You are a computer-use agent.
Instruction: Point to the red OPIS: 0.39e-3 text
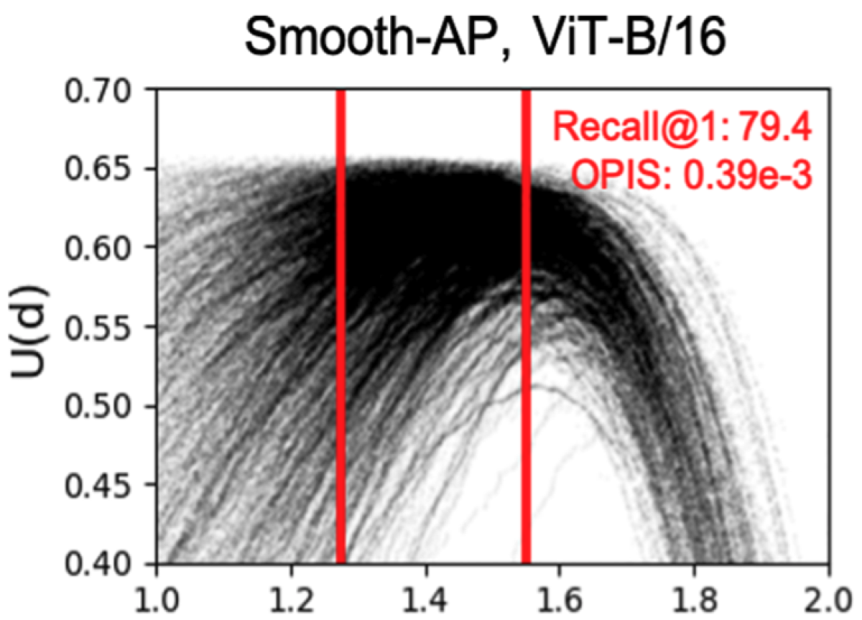click(691, 175)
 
